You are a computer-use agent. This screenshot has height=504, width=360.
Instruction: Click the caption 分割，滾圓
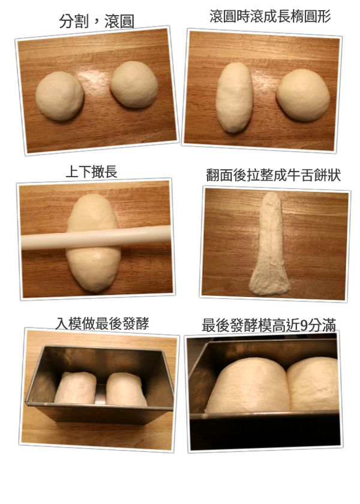point(97,22)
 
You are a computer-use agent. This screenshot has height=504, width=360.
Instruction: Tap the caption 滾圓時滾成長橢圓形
point(270,17)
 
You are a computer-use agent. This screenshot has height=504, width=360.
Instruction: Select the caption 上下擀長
point(91,172)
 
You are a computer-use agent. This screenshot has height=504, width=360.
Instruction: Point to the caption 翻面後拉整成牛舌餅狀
point(273,176)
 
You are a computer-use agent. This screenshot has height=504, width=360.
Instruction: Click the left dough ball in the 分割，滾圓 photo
point(59,96)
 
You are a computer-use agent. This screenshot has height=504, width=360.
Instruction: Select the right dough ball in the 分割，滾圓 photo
point(134,84)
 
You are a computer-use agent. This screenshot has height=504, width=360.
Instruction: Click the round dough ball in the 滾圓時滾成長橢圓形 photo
point(303,95)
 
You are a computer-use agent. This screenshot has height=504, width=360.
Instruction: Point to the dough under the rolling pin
point(94,264)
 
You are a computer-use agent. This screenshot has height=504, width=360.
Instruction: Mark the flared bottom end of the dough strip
point(269,283)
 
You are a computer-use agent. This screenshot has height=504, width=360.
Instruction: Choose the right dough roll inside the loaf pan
point(125,389)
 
